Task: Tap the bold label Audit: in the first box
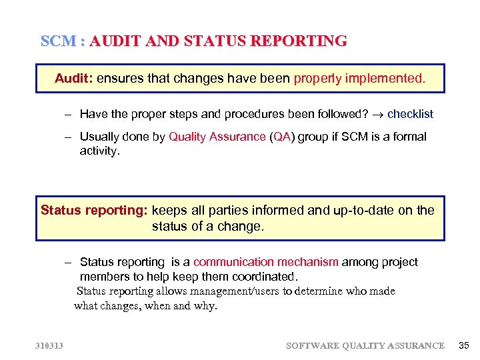[74, 79]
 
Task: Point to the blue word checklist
[410, 114]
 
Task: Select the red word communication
[233, 262]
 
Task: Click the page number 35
[464, 345]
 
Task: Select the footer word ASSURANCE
[414, 345]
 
